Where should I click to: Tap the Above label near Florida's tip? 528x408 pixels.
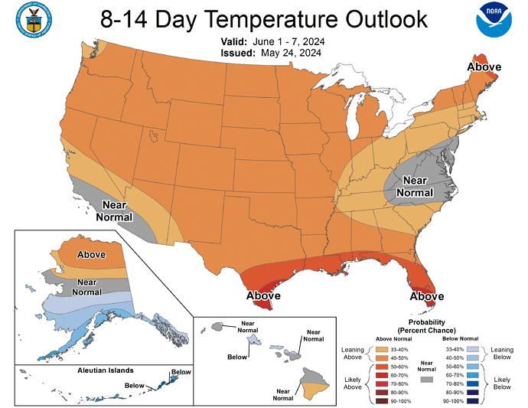[427, 295]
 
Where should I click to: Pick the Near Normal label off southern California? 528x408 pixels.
[115, 211]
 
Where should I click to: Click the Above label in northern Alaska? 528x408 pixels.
[91, 254]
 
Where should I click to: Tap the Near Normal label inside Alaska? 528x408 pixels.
[86, 286]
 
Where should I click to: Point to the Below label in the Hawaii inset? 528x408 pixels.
[237, 356]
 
